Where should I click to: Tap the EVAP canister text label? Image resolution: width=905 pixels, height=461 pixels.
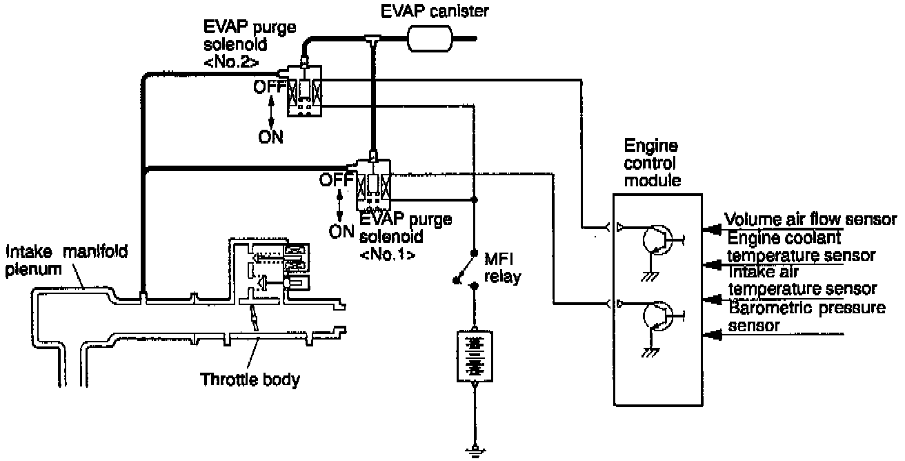click(x=440, y=12)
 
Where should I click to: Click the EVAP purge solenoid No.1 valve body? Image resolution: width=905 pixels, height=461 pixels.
click(x=373, y=184)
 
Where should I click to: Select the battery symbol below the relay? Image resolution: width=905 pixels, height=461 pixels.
click(x=473, y=355)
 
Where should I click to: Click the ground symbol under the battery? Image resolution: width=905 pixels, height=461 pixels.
click(x=473, y=452)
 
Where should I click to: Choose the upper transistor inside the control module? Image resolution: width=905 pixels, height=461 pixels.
click(x=657, y=239)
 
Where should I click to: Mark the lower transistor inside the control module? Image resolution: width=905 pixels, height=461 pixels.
click(x=657, y=317)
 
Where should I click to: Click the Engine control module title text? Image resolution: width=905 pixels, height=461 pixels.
click(x=651, y=163)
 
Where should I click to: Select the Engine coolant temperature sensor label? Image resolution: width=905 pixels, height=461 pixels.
click(x=801, y=246)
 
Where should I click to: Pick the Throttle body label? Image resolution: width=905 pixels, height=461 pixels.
click(x=250, y=379)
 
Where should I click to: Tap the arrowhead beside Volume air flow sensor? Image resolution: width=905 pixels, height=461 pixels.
click(x=713, y=226)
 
